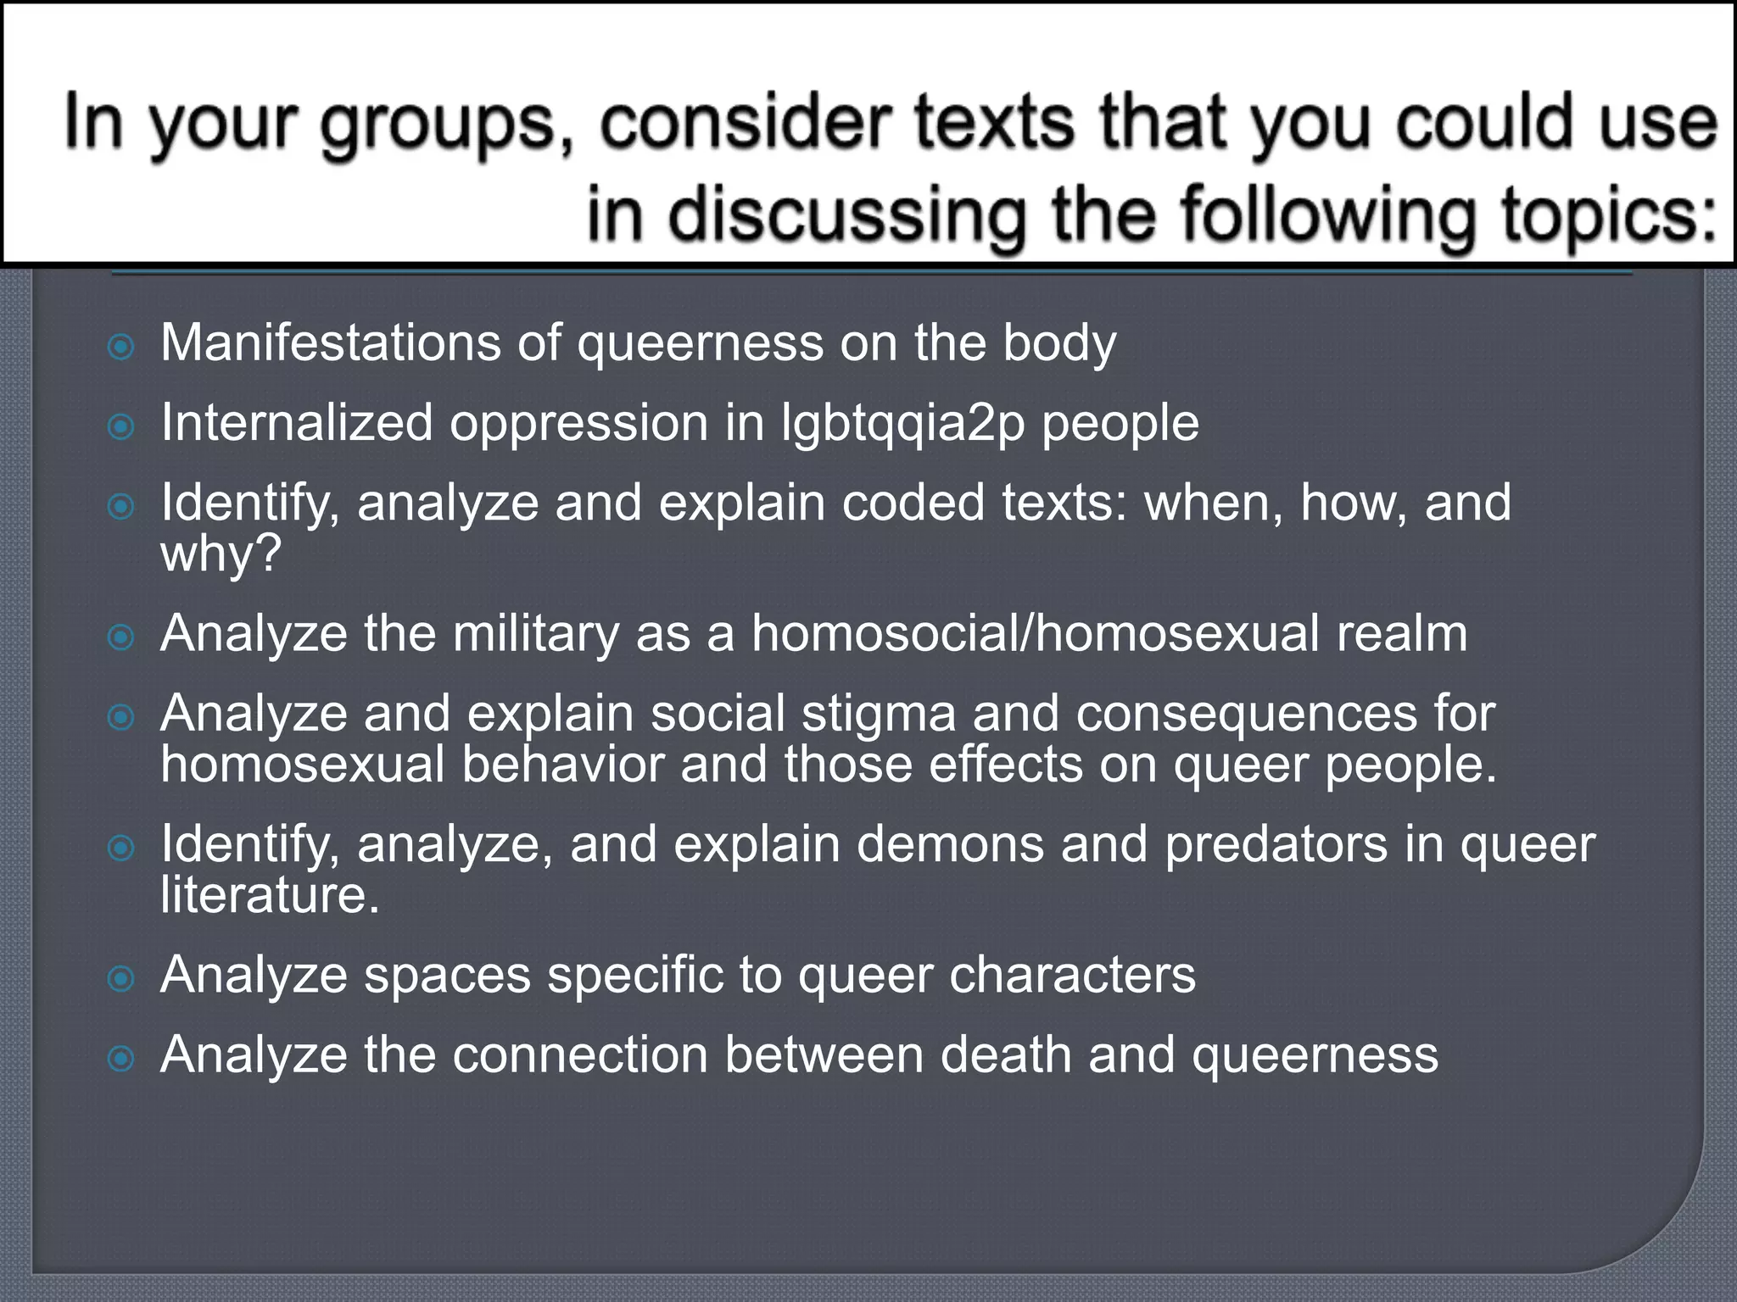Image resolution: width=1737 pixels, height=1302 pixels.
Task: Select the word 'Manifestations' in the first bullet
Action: pyautogui.click(x=331, y=342)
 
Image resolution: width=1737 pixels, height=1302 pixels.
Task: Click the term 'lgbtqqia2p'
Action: pyautogui.click(x=902, y=424)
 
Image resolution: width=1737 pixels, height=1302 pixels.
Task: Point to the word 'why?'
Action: pyautogui.click(x=221, y=554)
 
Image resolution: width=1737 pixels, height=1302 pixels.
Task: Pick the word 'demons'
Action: pyautogui.click(x=950, y=844)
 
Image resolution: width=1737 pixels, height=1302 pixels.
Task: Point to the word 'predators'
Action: pyautogui.click(x=1276, y=844)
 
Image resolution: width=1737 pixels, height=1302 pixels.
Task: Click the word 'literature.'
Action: pyautogui.click(x=270, y=895)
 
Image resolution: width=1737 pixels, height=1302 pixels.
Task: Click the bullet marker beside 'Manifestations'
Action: pyautogui.click(x=122, y=347)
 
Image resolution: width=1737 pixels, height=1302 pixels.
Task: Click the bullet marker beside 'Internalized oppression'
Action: pyautogui.click(x=122, y=426)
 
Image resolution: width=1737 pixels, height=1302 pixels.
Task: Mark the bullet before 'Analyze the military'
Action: pyautogui.click(x=122, y=637)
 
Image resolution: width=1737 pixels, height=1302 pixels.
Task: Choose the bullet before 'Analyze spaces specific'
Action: pyautogui.click(x=122, y=979)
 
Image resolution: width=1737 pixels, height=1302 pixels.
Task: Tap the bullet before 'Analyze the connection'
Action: pyautogui.click(x=122, y=1059)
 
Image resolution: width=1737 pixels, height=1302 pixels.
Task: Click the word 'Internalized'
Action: pyautogui.click(x=297, y=422)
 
